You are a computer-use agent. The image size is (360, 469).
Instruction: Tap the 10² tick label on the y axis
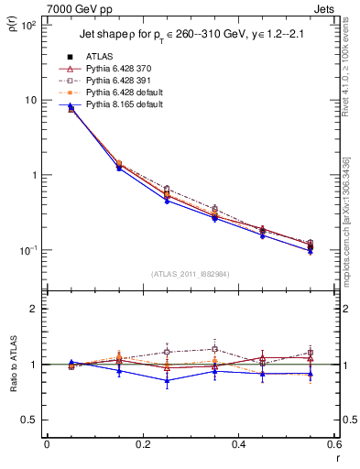point(28,26)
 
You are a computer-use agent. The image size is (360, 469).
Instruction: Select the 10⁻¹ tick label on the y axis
point(28,250)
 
